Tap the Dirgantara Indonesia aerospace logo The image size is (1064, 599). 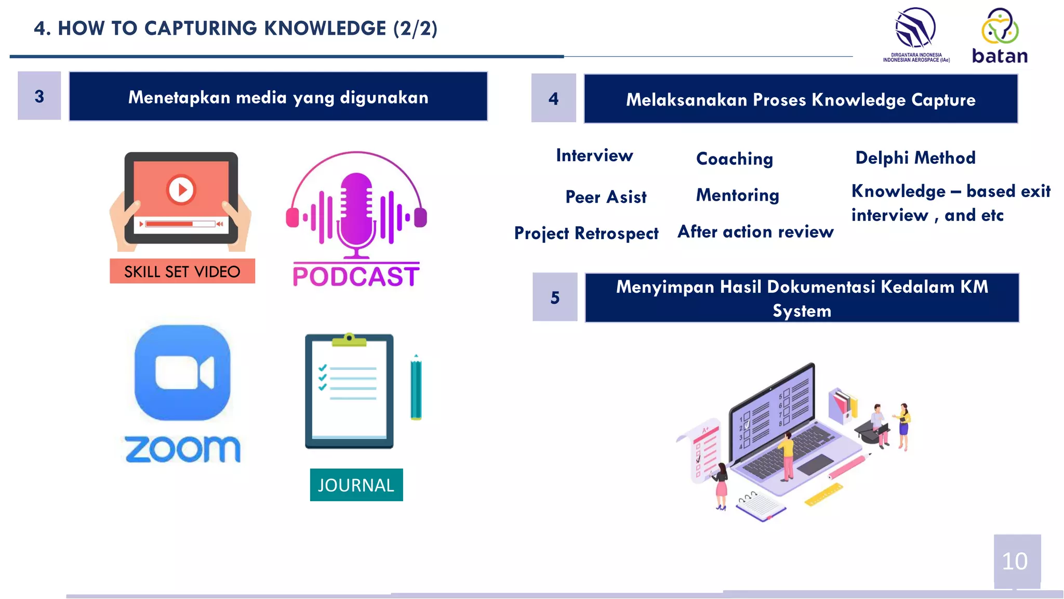pos(916,34)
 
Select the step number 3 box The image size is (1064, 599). pos(39,96)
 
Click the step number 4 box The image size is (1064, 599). pos(553,98)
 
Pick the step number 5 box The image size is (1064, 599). pos(555,297)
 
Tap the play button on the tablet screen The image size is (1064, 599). pos(181,190)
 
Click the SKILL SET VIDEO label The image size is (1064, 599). pos(182,271)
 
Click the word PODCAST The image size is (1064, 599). pos(356,277)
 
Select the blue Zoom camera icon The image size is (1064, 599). pos(182,372)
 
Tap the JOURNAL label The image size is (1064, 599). pos(356,485)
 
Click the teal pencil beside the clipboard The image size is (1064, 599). pos(416,387)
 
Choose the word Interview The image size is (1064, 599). pos(594,155)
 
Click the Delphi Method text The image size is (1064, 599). pos(915,158)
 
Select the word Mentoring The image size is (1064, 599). pos(737,196)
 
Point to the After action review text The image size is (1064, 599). pos(755,232)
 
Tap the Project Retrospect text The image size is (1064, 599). pos(586,233)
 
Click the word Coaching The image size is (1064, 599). pos(735,159)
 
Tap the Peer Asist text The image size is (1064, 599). pos(606,197)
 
